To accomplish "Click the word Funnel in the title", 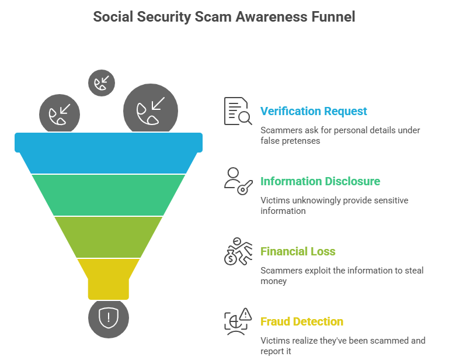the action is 333,16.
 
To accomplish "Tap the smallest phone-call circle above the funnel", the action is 102,83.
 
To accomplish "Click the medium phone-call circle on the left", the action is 60,113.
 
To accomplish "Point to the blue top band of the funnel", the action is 109,153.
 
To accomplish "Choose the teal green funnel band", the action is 109,195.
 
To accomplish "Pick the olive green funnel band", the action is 109,237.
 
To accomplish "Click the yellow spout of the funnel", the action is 109,279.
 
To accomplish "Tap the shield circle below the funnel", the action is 109,319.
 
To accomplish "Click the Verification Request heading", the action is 314,111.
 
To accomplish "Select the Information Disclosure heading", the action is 320,181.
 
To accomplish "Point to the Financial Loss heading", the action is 298,251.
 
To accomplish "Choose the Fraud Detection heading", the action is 302,321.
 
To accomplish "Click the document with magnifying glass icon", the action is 238,111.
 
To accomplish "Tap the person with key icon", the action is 238,181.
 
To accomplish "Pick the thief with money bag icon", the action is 238,251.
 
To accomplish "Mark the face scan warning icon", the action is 238,321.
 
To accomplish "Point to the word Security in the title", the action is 164,16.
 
